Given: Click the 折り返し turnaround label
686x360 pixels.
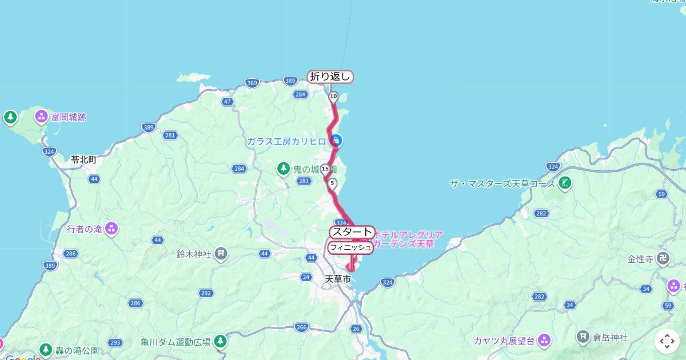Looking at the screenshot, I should click(x=331, y=77).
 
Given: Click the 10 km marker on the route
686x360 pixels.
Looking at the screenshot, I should click(x=333, y=96).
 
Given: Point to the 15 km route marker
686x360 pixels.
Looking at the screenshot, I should click(x=325, y=169).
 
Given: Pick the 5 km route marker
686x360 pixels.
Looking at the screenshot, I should click(x=333, y=183).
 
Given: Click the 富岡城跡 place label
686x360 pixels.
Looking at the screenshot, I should click(x=69, y=118).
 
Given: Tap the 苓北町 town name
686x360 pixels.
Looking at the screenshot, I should click(x=83, y=160).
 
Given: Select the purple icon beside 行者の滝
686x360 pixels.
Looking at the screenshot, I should click(x=111, y=229).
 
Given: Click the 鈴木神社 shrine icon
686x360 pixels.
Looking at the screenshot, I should click(x=222, y=253).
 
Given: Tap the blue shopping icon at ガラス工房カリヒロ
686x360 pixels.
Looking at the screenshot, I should click(x=337, y=140).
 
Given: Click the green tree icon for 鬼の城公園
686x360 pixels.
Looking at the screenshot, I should click(x=283, y=169).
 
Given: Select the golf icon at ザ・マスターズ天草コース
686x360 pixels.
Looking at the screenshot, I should click(x=565, y=183).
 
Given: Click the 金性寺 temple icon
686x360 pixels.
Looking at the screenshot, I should click(x=663, y=258).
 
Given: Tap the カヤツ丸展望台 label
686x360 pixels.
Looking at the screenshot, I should click(x=504, y=341).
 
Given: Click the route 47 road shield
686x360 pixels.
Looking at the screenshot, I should click(x=228, y=102).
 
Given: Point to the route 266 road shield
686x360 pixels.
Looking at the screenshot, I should click(x=302, y=327).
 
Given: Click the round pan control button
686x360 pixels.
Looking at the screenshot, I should click(x=667, y=341).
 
